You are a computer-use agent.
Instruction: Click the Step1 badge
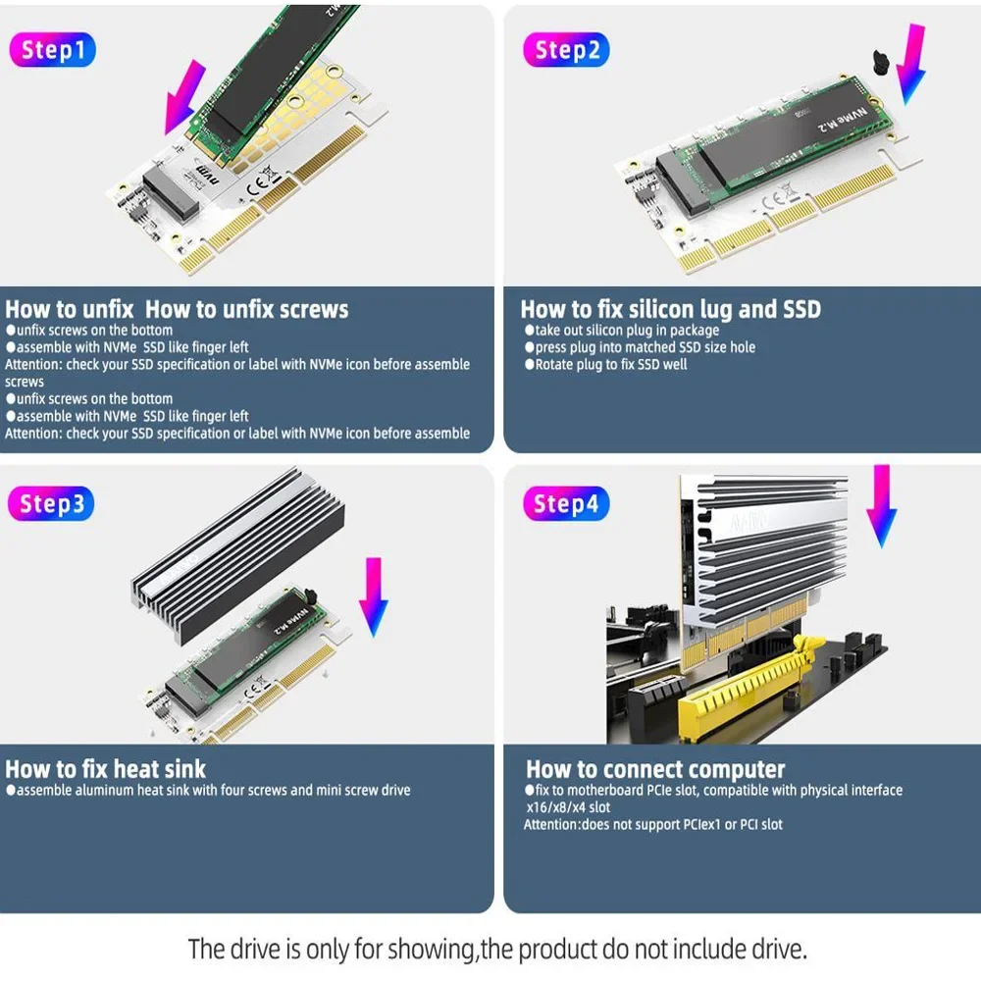pyautogui.click(x=53, y=50)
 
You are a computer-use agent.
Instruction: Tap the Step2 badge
pyautogui.click(x=566, y=50)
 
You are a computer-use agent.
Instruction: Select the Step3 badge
pyautogui.click(x=53, y=504)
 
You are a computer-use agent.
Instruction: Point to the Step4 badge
pyautogui.click(x=566, y=504)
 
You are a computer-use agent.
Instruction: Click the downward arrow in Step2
pyautogui.click(x=914, y=64)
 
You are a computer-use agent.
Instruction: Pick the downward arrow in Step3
pyautogui.click(x=374, y=596)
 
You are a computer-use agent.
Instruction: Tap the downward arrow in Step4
pyautogui.click(x=883, y=505)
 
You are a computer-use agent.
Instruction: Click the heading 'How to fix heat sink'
pyautogui.click(x=106, y=768)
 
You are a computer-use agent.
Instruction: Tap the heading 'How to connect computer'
pyautogui.click(x=655, y=769)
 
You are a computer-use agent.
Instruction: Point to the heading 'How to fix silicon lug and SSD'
pyautogui.click(x=670, y=310)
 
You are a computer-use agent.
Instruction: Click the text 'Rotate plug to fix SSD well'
pyautogui.click(x=610, y=365)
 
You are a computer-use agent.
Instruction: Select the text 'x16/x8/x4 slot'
pyautogui.click(x=569, y=807)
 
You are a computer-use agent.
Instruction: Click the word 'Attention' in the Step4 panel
pyautogui.click(x=551, y=825)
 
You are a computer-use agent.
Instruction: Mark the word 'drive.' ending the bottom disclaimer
pyautogui.click(x=783, y=950)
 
